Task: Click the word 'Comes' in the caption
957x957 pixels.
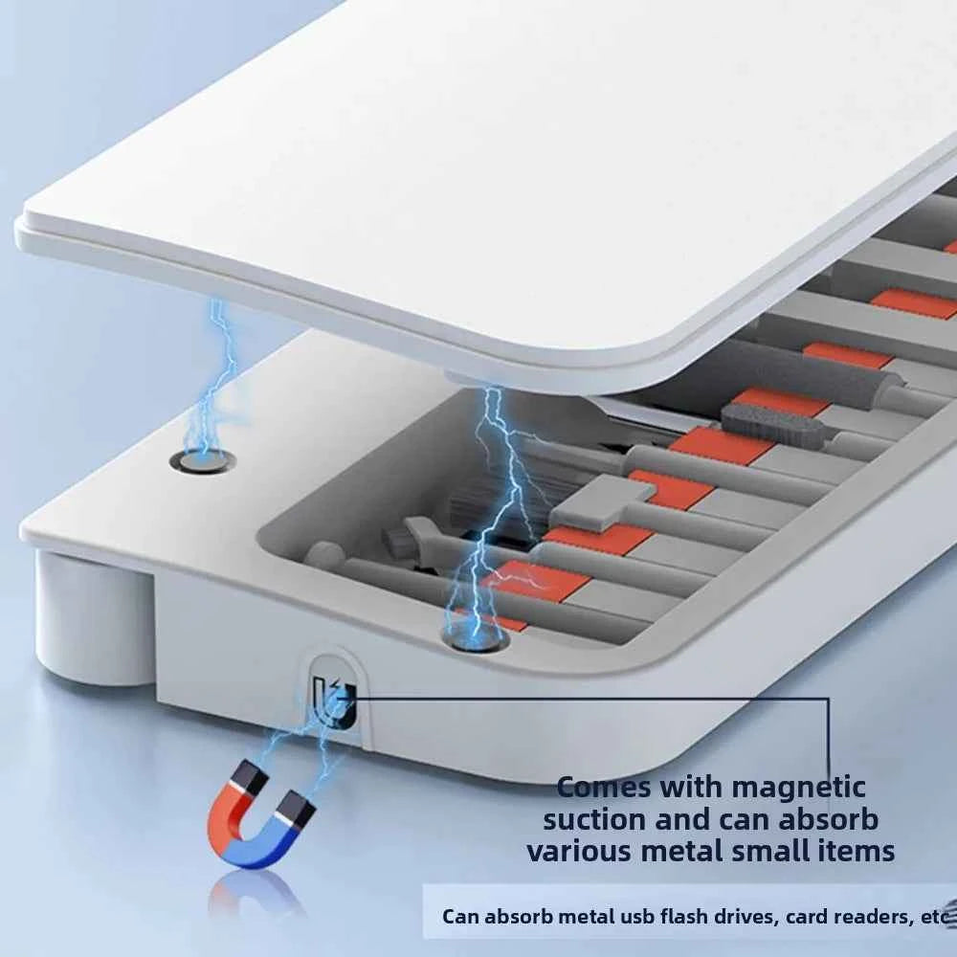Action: pyautogui.click(x=605, y=788)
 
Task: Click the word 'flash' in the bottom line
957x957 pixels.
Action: pyautogui.click(x=664, y=917)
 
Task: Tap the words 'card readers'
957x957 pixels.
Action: pyautogui.click(x=848, y=917)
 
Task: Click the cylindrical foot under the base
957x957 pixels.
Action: pyautogui.click(x=95, y=616)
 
